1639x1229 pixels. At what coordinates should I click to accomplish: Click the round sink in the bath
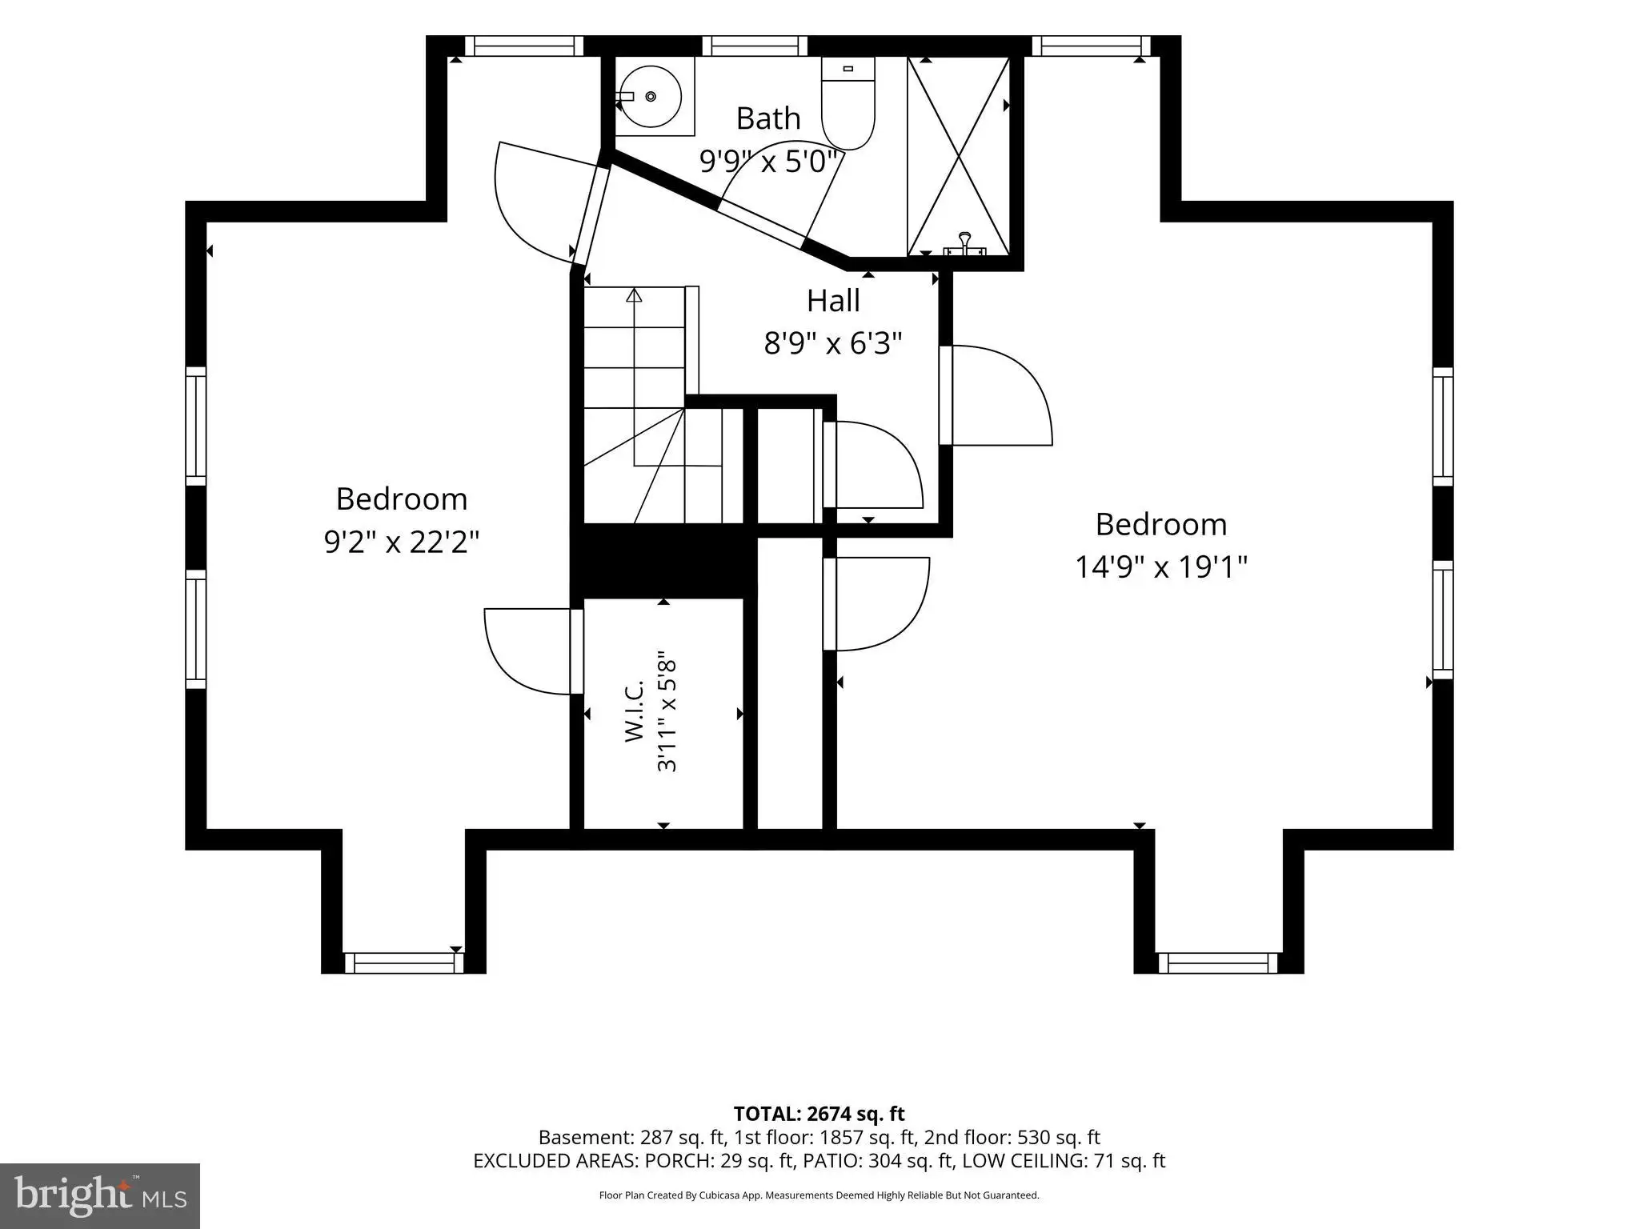point(651,97)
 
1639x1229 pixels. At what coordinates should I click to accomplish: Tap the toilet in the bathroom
point(848,104)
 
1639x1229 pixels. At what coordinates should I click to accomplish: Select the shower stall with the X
point(958,156)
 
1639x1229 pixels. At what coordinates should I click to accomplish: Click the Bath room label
point(768,118)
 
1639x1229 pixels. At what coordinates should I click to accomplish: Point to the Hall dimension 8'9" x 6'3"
point(833,344)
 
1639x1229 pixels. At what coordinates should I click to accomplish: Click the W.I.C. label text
point(634,711)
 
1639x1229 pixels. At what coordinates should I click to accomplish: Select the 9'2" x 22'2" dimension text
point(402,542)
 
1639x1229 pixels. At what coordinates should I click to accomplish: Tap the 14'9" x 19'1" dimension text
point(1160,567)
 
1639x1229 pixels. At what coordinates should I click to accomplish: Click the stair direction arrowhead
point(634,294)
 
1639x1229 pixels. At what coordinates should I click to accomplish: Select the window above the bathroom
point(754,46)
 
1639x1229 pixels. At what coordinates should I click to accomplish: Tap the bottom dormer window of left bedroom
point(403,963)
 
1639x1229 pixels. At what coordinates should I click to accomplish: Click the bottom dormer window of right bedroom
point(1218,963)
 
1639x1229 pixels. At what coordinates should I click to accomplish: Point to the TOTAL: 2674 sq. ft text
point(819,1114)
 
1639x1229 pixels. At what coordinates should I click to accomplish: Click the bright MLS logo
point(99,1195)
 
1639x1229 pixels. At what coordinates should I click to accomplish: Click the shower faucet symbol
point(964,244)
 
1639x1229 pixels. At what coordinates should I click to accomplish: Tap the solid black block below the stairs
point(663,560)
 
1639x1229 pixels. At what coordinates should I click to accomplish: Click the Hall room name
point(833,301)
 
